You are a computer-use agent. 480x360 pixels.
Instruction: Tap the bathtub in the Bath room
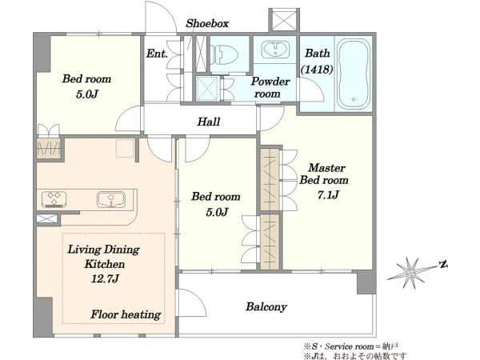[354, 74]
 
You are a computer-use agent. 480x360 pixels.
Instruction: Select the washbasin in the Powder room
[275, 49]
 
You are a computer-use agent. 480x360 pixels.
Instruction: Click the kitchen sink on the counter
[111, 199]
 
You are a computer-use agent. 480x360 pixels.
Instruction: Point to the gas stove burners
[54, 199]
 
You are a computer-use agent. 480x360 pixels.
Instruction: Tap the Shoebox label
[207, 23]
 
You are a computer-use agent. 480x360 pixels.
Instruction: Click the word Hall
[209, 122]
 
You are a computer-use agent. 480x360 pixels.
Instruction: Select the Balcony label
[266, 306]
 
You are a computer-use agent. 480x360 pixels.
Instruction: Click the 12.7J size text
[105, 278]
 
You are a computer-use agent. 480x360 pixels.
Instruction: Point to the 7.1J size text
[328, 194]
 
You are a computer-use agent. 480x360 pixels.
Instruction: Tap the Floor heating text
[126, 314]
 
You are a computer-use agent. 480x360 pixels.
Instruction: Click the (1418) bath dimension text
[317, 69]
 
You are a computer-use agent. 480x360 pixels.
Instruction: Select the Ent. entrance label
[157, 54]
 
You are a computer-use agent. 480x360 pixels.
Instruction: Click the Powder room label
[270, 87]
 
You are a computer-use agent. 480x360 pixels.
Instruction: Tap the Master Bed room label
[324, 174]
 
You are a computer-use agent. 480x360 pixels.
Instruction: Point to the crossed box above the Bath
[284, 20]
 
